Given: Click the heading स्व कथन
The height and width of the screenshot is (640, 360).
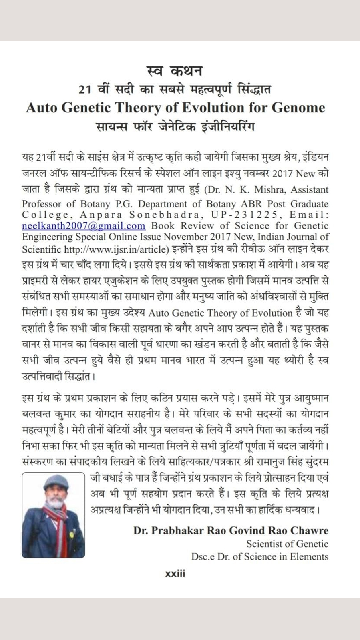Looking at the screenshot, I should point(175,70).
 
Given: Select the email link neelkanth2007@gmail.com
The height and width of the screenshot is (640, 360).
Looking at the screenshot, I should point(83,226).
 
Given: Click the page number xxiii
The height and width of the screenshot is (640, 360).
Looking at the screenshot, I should point(175,574).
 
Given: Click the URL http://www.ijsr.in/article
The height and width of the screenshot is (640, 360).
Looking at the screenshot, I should point(115,249).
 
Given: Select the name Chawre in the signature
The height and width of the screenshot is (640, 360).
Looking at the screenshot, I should point(309,530).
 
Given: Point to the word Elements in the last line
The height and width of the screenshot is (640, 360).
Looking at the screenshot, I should point(310,556).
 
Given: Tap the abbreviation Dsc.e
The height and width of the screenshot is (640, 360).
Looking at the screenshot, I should point(203,556).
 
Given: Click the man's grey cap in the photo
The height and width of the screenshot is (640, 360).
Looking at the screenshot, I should point(56,480).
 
